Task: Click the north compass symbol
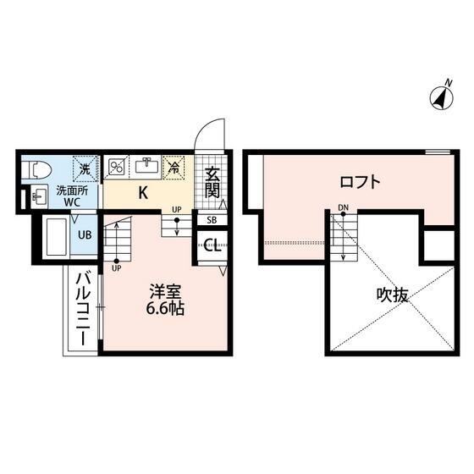[x=442, y=97]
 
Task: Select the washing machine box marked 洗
[x=85, y=169]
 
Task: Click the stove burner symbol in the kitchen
[x=116, y=168]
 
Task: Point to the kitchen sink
[x=146, y=167]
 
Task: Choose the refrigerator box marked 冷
[x=174, y=168]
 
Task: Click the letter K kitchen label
[x=143, y=193]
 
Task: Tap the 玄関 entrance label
[x=212, y=182]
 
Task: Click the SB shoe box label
[x=212, y=220]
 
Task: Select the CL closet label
[x=212, y=245]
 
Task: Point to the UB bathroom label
[x=85, y=235]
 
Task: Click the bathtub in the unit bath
[x=56, y=237]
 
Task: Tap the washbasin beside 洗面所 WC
[x=39, y=196]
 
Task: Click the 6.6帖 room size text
[x=165, y=308]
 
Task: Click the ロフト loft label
[x=360, y=182]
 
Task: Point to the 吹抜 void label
[x=393, y=295]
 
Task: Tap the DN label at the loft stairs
[x=344, y=207]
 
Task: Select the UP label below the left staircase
[x=117, y=268]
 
